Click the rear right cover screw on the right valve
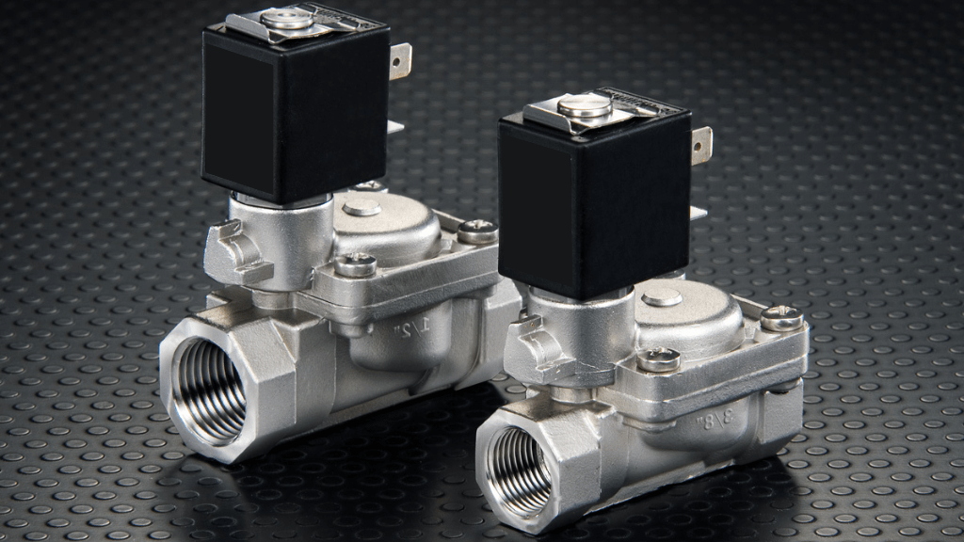point(780,318)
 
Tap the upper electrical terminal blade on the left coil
point(401,61)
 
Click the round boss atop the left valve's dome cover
point(361,207)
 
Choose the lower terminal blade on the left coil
point(395,126)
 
